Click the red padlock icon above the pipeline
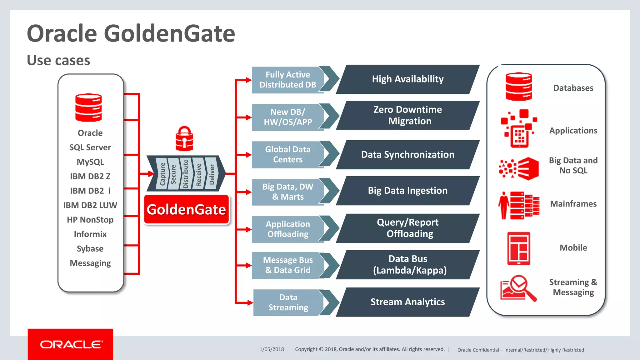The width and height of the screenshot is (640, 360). pos(184,139)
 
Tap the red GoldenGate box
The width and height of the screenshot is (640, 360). pos(187,209)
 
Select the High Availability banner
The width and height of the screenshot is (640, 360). pos(407,79)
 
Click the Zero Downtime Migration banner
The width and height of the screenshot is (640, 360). pos(407,115)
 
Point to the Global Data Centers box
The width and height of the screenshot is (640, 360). pos(287,154)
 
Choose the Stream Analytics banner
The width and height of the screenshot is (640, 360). pos(407,302)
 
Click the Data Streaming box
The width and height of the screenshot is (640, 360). pos(288,302)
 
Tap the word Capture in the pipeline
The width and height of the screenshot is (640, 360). pos(162,174)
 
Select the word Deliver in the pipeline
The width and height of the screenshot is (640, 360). pos(212,174)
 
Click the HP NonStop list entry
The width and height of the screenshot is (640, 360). pos(90,220)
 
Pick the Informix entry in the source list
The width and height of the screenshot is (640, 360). pos(90,234)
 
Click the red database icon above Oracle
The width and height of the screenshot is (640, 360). pos(88,107)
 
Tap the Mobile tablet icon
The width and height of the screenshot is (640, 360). pos(519,248)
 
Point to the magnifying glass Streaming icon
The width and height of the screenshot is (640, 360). pos(519,288)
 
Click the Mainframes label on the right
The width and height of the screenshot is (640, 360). pos(573,204)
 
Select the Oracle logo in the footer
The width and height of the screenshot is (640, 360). pos(71,344)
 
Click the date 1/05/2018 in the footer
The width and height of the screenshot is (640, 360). pos(272,349)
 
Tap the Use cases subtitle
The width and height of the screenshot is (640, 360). pos(58,60)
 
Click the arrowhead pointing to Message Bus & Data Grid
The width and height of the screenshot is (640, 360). pos(249,265)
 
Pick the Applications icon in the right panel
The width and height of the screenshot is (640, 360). pos(519,128)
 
